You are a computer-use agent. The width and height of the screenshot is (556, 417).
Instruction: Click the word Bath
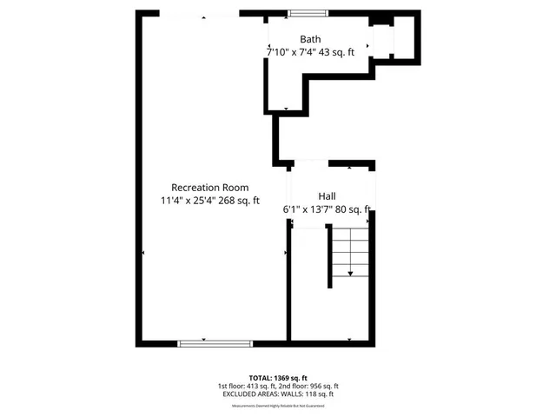(310, 39)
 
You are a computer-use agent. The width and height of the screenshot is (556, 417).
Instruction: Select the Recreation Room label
(209, 187)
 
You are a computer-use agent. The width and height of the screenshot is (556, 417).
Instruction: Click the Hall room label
(327, 196)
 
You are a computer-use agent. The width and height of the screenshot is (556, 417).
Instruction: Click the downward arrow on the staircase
(350, 274)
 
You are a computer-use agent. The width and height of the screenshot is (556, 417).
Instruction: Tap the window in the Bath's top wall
(308, 12)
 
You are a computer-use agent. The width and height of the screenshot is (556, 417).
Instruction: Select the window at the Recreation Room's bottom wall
(203, 344)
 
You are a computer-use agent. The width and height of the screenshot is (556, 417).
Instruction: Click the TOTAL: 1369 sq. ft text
(277, 377)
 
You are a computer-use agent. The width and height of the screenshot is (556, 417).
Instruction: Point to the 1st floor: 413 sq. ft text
(247, 386)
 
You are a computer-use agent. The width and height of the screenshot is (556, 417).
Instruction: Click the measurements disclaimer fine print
(277, 402)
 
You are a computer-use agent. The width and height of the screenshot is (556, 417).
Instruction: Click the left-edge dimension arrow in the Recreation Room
(143, 252)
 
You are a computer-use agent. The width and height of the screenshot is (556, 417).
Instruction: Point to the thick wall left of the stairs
(329, 256)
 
